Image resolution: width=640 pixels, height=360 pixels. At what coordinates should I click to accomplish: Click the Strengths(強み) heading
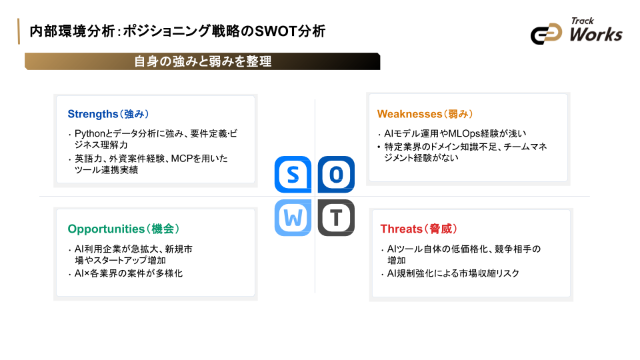point(107,114)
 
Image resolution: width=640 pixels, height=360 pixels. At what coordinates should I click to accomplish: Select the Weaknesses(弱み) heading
point(425,114)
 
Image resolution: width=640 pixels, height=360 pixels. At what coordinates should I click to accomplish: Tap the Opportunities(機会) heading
point(123,229)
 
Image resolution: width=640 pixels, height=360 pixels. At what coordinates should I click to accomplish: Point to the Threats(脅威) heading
point(418,229)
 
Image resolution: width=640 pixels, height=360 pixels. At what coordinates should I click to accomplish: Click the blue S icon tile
point(293,175)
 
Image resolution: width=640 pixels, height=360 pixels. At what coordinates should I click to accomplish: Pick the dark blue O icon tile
point(336,175)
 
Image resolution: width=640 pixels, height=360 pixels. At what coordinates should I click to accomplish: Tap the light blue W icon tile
point(293,217)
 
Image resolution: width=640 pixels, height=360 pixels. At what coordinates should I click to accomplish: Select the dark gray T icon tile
point(336,217)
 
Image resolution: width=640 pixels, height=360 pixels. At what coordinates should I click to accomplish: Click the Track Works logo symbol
point(547,34)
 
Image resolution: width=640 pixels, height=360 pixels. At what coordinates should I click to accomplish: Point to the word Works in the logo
point(596,34)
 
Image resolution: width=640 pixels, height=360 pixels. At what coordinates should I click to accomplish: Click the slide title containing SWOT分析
point(177,31)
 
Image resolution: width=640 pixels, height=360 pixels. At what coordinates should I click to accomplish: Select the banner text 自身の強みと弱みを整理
point(203,61)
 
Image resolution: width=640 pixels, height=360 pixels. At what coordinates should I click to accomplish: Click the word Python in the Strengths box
point(89,133)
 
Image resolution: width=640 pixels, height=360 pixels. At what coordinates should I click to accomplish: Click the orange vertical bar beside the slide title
point(18,31)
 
